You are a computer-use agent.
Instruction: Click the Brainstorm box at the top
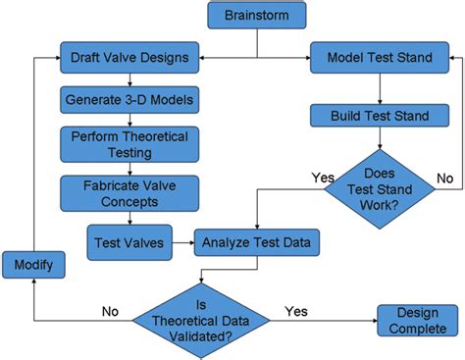257,16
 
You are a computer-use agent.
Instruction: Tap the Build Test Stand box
370,117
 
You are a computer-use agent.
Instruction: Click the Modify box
32,264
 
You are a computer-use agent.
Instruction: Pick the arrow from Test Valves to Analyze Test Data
182,238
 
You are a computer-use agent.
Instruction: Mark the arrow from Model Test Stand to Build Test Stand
370,86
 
